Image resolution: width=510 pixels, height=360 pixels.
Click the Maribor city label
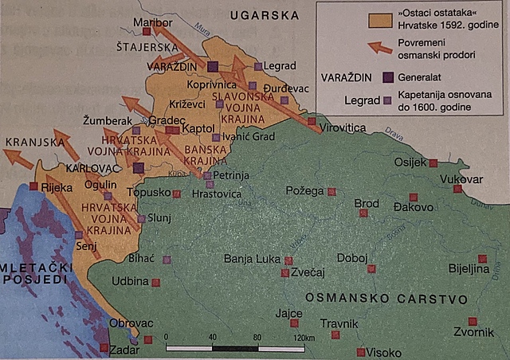[x=152, y=22]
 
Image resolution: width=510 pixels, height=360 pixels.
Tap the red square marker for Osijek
[x=433, y=162]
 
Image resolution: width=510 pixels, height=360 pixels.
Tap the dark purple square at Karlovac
[x=138, y=168]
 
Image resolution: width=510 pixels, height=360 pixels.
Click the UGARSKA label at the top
[x=264, y=15]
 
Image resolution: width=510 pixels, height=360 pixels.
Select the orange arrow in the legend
[x=382, y=49]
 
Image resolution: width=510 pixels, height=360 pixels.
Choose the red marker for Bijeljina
[x=482, y=258]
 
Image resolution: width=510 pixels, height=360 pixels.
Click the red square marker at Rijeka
[x=33, y=186]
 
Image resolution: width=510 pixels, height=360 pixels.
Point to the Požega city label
[x=307, y=191]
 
